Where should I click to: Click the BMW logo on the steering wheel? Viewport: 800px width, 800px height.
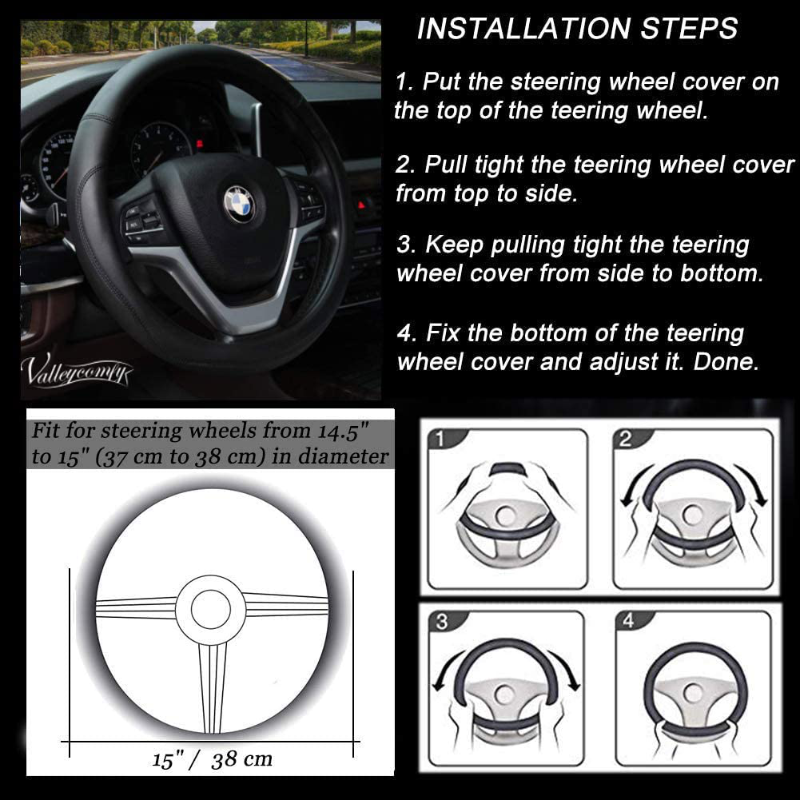pos(238,203)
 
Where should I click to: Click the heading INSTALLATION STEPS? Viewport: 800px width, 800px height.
pos(577,30)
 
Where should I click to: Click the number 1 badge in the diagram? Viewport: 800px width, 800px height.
pos(439,439)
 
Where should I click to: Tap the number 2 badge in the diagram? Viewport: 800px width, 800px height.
pos(626,439)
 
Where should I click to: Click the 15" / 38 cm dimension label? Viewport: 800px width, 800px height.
pos(213,758)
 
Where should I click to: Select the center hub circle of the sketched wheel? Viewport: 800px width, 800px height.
pos(209,607)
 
